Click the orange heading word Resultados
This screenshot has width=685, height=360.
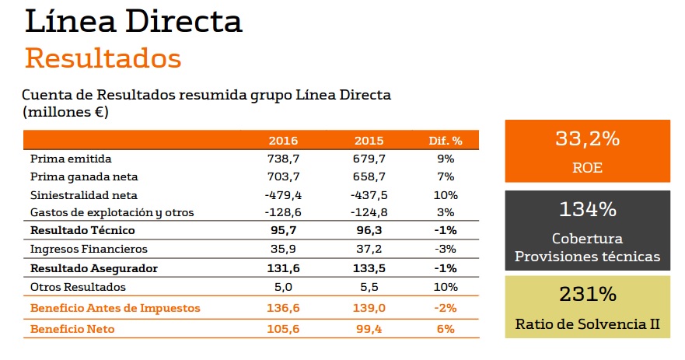point(103,58)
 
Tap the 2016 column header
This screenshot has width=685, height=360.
point(283,141)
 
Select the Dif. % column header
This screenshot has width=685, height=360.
point(446,141)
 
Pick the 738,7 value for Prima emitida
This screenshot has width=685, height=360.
point(283,159)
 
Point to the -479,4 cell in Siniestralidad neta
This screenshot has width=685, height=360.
point(282,194)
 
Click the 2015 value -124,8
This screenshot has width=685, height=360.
point(369,212)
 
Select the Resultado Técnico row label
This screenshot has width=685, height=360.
point(82,230)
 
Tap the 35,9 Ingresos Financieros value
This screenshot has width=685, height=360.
point(283,249)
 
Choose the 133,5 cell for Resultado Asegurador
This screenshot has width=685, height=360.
point(369,267)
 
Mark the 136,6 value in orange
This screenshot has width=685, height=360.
point(283,308)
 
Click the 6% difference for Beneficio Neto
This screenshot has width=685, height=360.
point(446,329)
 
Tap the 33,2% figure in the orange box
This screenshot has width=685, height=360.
point(587,140)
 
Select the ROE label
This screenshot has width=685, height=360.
point(587,167)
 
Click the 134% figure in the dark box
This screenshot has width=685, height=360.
point(587,209)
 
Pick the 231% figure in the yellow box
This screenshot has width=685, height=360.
point(587,295)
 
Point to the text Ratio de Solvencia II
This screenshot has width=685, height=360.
point(587,323)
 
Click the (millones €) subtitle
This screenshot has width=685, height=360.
point(65,112)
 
